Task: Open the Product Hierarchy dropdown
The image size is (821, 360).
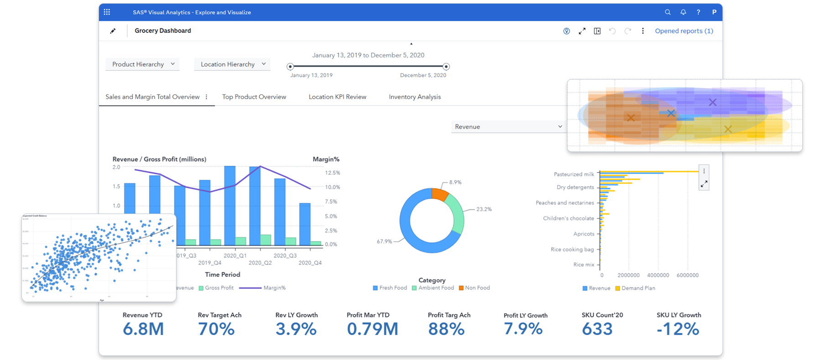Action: [x=142, y=64]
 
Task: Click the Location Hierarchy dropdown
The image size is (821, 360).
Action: [x=232, y=64]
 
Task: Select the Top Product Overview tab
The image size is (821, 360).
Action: [x=254, y=97]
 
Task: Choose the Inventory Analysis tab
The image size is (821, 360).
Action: [x=415, y=97]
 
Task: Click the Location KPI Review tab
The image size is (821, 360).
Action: [x=337, y=97]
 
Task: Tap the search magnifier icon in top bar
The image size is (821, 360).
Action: [x=668, y=12]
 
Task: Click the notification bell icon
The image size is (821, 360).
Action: [x=683, y=12]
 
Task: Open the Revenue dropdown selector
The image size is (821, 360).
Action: [x=508, y=127]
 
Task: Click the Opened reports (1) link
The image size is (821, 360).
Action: [x=684, y=31]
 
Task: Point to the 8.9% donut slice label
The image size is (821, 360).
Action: [x=455, y=182]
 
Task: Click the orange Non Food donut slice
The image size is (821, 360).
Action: [x=440, y=194]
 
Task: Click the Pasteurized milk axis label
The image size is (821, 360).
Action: [x=574, y=174]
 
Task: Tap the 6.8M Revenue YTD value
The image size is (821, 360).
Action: [x=143, y=329]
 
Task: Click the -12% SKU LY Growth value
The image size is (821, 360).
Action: [x=678, y=329]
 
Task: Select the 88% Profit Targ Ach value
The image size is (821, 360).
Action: [x=446, y=329]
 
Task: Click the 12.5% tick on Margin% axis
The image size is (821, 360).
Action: [x=332, y=173]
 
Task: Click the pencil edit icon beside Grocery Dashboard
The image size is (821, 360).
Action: [x=113, y=31]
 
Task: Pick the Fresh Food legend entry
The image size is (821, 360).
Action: [x=390, y=288]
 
